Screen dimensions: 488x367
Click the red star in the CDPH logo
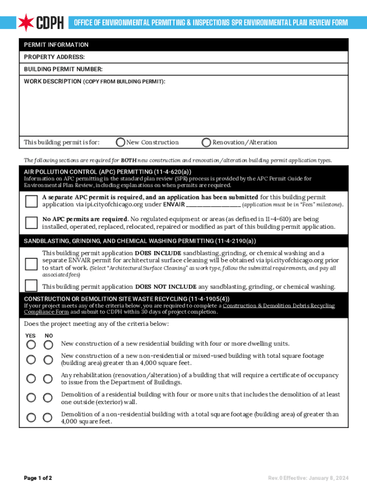[25, 22]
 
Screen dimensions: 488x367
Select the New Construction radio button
[121, 142]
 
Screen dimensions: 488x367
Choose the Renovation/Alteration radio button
[206, 142]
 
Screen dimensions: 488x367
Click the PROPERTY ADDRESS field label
[54, 57]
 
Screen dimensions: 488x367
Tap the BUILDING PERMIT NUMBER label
[63, 69]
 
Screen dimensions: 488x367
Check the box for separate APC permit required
[31, 201]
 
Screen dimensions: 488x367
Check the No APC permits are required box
[31, 223]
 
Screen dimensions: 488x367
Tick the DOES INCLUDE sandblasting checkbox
[31, 264]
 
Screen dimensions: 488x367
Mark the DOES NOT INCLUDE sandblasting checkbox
[31, 285]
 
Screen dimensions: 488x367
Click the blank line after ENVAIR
[213, 205]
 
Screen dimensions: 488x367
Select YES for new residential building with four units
[31, 344]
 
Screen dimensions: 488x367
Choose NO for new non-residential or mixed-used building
[48, 359]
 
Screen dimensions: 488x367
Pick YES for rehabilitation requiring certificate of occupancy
[31, 378]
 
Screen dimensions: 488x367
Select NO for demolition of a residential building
[48, 398]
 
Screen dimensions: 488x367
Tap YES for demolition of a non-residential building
[31, 417]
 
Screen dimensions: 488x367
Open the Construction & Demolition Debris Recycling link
[278, 305]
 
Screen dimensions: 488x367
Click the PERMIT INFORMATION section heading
[56, 45]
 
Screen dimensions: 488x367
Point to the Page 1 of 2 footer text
[38, 478]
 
